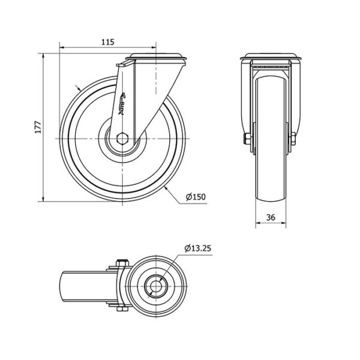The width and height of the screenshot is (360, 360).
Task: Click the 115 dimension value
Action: [107, 42]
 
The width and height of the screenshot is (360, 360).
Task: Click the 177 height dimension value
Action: [38, 127]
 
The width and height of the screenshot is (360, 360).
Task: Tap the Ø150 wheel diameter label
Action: [196, 197]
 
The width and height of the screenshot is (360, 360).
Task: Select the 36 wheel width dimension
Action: [271, 217]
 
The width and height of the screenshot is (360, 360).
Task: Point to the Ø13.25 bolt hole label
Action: [197, 248]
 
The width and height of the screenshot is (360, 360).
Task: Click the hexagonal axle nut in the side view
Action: [122, 139]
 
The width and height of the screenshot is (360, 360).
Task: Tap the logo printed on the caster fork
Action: [122, 104]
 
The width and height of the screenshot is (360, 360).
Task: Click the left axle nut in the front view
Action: [247, 139]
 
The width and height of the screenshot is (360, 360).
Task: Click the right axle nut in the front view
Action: [293, 139]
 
